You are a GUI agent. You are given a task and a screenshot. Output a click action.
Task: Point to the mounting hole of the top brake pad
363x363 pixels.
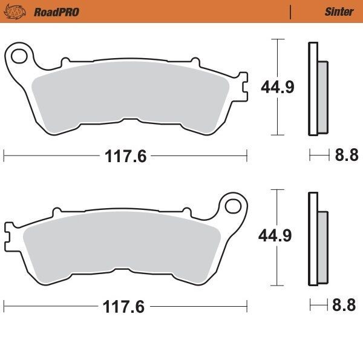tap(19, 57)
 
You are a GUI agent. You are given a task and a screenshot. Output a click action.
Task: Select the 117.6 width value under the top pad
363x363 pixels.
tap(125, 156)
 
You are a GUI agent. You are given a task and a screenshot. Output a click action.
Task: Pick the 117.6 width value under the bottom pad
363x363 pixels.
tap(125, 306)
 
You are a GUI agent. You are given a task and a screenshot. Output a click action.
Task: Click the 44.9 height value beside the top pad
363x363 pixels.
tap(277, 87)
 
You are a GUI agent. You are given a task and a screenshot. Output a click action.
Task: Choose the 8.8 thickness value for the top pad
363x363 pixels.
tap(347, 156)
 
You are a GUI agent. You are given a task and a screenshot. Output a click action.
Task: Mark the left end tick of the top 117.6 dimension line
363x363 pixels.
tap(4, 156)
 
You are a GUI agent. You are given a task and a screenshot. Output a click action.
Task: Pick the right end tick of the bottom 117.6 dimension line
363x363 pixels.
tap(247, 306)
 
